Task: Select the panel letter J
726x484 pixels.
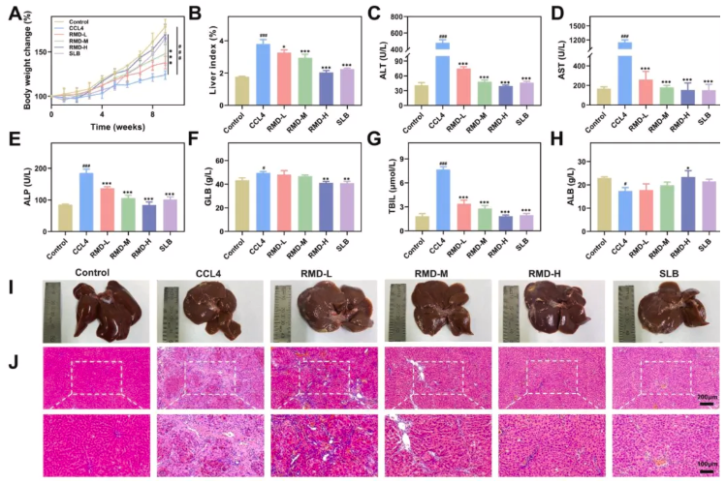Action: click(12, 369)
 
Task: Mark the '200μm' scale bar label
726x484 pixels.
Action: click(707, 399)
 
